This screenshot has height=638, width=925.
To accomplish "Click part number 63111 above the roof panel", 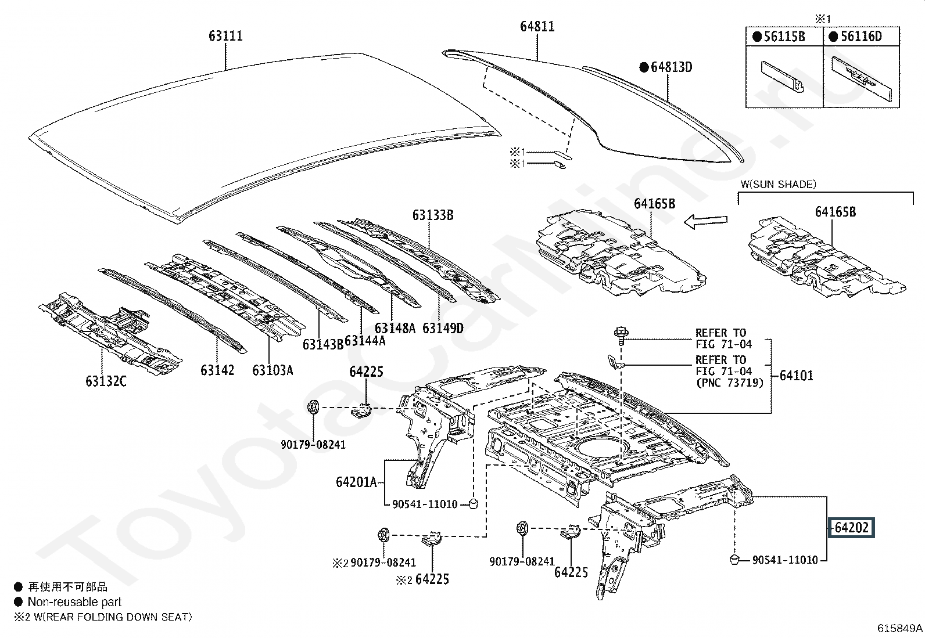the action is coord(225,36).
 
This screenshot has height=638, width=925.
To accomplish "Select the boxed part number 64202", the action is coord(851,527).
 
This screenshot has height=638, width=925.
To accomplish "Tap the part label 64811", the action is coord(537,26).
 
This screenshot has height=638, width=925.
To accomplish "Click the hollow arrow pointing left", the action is coord(706,222).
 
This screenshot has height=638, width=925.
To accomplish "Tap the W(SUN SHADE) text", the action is coord(779,185).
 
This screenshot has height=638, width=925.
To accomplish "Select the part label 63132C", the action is coord(106,381).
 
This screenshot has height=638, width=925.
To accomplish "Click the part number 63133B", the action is coord(433,215).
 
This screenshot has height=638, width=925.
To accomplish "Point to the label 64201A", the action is coord(356,482).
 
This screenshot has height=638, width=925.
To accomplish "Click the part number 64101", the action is coord(796,376).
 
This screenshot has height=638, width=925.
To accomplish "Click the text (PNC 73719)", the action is coord(730,383).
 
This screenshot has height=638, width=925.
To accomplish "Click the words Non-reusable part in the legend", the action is coord(74,602).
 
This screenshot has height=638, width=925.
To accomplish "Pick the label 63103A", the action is coord(273,370).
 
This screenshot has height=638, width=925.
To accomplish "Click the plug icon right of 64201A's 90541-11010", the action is coord(473,503).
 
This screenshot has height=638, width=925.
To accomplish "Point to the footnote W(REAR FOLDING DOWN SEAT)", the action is coord(113,617).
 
